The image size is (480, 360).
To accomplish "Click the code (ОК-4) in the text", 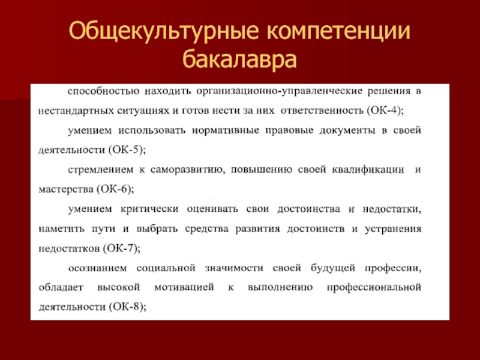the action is coord(384,110).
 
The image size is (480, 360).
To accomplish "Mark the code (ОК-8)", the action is coord(126,307).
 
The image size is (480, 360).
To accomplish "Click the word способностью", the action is coord(103,91).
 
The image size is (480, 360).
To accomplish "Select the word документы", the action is coord(347,131).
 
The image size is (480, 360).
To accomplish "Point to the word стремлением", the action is coord(101,170).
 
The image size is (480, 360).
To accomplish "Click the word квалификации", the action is coord(368,170).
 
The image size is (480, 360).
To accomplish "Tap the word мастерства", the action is coord(66,190).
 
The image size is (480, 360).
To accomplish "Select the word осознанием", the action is coord(97,268).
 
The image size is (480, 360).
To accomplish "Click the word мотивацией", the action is coord(184,287).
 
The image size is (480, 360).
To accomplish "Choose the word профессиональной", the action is coord(374,287).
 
